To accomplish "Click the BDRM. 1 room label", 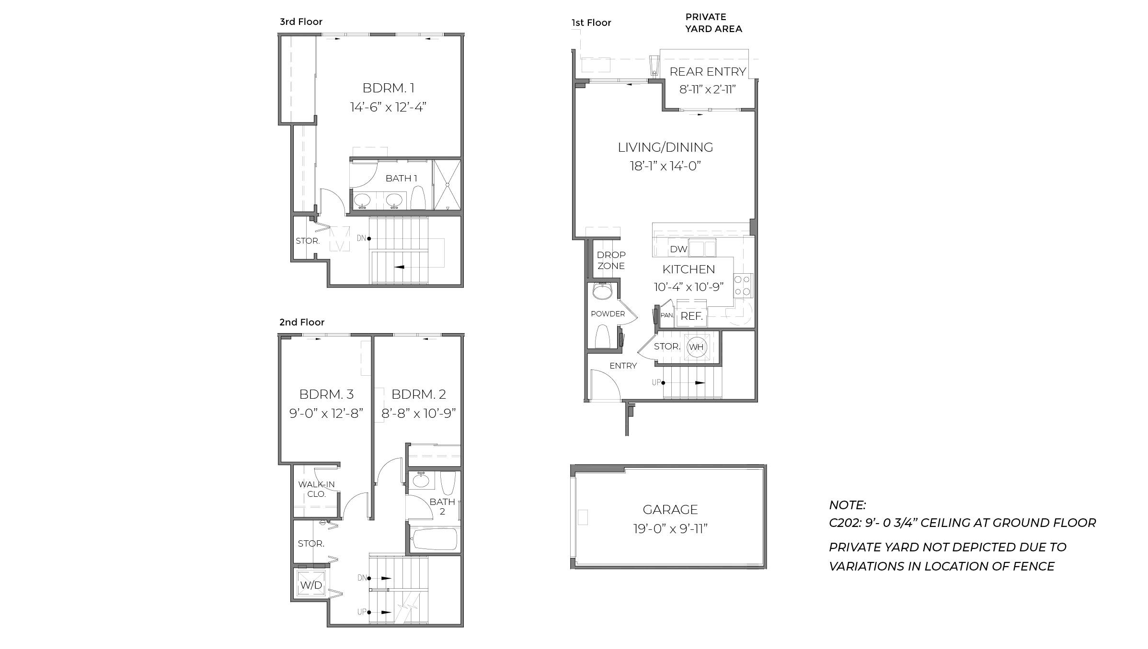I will [x=388, y=88].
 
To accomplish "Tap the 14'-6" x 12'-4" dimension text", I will [x=388, y=107].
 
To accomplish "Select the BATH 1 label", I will [x=401, y=179].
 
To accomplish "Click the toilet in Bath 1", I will [x=418, y=198].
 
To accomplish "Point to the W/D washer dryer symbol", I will [x=311, y=585].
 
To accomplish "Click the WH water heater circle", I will [x=696, y=347].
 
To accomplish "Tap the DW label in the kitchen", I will [x=678, y=249].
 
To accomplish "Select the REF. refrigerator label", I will [x=691, y=316].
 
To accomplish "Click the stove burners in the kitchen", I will [x=743, y=285].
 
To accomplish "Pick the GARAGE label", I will [x=670, y=509].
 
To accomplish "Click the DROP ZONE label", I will [x=611, y=260].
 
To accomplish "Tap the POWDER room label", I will [x=608, y=314].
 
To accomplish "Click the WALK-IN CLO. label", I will [x=316, y=489].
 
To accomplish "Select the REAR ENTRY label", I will [x=708, y=72].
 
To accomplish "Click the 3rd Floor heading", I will [x=301, y=22].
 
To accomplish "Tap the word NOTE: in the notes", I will [x=847, y=504].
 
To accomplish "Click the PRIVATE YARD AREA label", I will [x=713, y=22].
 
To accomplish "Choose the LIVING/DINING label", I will [x=665, y=147].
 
